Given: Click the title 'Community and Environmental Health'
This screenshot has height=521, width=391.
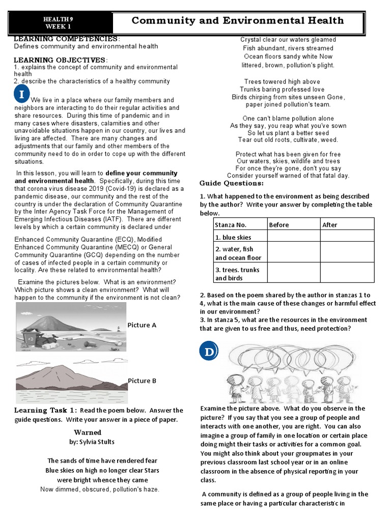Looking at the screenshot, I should pyautogui.click(x=238, y=21).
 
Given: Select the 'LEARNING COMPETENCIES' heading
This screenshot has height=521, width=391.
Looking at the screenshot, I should pyautogui.click(x=66, y=39).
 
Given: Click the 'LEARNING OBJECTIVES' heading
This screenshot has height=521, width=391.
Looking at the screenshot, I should pyautogui.click(x=60, y=60).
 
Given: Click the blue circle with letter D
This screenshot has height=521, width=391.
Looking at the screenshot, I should pyautogui.click(x=208, y=352).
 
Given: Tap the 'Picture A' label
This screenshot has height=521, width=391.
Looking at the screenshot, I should pyautogui.click(x=142, y=325).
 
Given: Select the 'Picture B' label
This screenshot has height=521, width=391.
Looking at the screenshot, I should pyautogui.click(x=142, y=381).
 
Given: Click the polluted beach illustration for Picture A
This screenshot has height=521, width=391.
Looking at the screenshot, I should pyautogui.click(x=71, y=327).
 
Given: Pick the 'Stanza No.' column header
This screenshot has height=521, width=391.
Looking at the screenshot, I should pyautogui.click(x=231, y=225).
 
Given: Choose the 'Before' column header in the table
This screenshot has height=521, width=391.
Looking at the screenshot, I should pyautogui.click(x=278, y=225).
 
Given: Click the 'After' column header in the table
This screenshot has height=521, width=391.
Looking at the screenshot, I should pyautogui.click(x=330, y=225).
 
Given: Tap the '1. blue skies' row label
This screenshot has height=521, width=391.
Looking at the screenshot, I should pyautogui.click(x=233, y=237).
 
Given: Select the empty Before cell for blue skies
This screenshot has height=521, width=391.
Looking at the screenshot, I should pyautogui.click(x=293, y=237).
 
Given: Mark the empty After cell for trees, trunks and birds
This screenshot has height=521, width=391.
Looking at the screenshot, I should pyautogui.click(x=347, y=274).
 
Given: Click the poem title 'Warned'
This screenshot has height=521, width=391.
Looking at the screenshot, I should pyautogui.click(x=88, y=432).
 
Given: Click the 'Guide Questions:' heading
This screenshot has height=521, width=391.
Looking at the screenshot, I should pyautogui.click(x=231, y=183).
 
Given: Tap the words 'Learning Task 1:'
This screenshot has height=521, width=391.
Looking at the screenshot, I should pyautogui.click(x=46, y=410).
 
